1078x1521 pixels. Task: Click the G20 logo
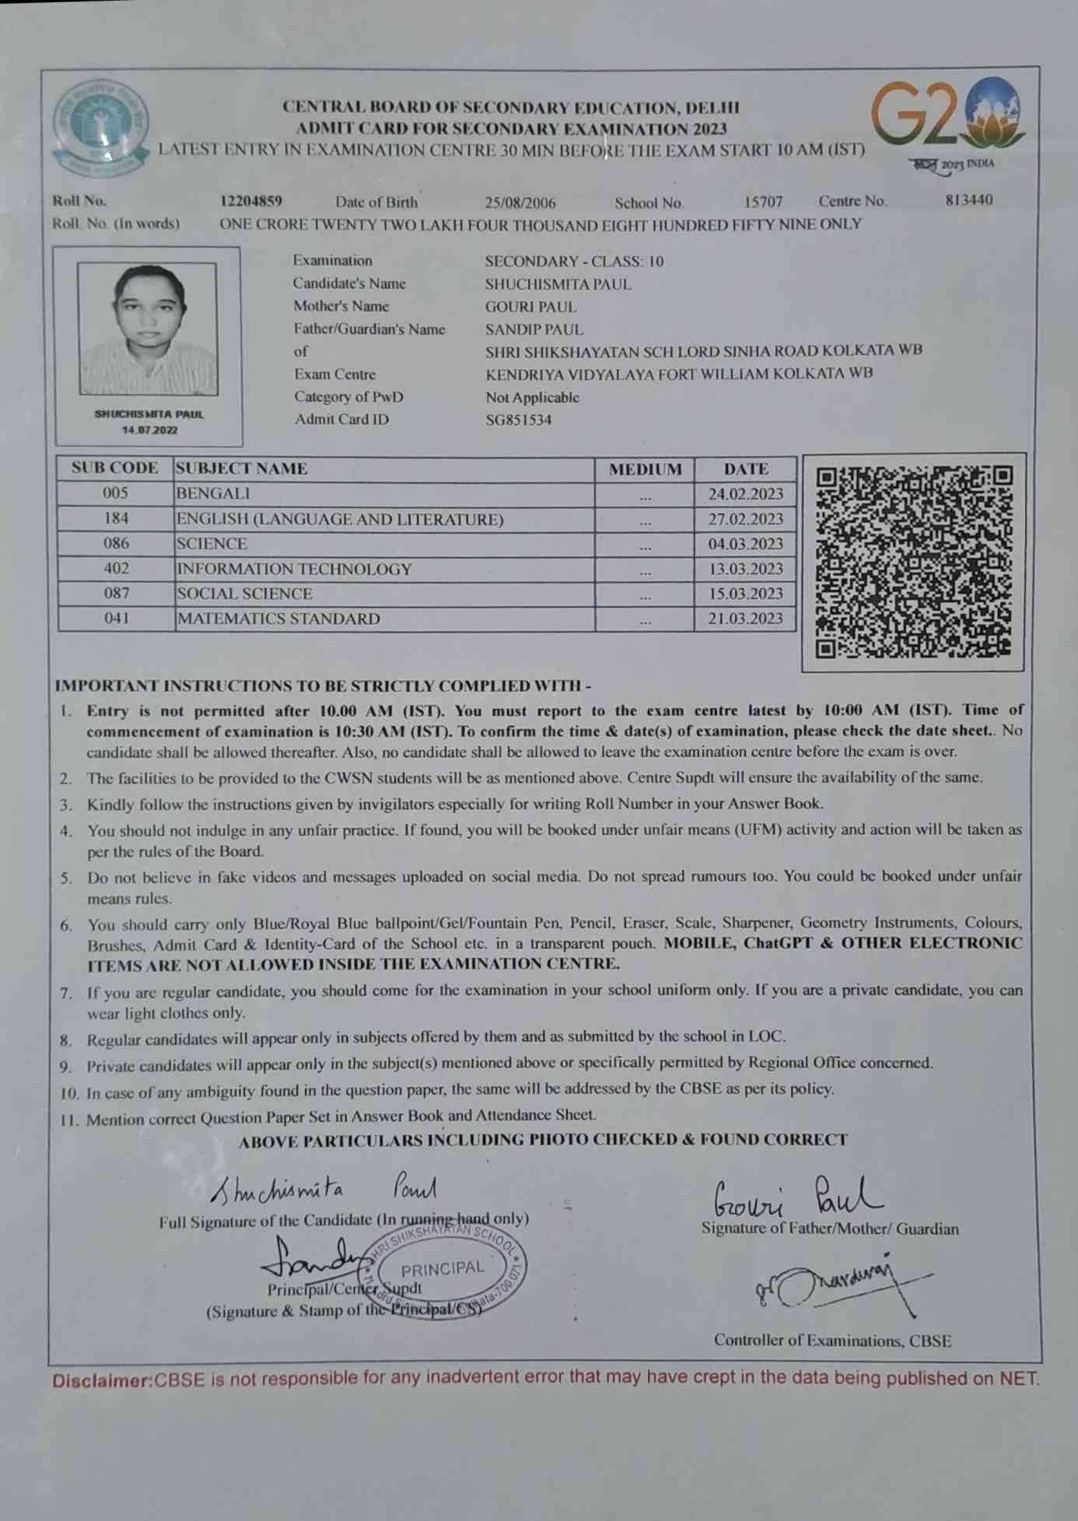click(x=947, y=115)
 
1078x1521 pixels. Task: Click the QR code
click(x=913, y=562)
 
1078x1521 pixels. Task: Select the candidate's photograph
click(x=148, y=328)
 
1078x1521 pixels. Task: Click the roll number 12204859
click(x=250, y=202)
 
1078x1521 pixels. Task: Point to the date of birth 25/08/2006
click(x=520, y=203)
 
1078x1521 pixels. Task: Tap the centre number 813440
click(x=968, y=200)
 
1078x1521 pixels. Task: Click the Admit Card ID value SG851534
click(x=518, y=420)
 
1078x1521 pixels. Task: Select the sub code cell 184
click(x=116, y=518)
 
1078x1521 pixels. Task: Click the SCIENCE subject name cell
click(x=212, y=544)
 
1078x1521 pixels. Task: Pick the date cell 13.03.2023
click(x=745, y=569)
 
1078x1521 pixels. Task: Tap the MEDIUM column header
click(x=645, y=469)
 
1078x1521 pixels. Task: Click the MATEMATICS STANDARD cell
click(x=278, y=619)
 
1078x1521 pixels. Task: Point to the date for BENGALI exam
click(x=745, y=494)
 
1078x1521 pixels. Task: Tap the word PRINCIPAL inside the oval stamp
click(x=443, y=1268)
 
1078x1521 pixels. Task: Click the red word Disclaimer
click(x=102, y=1382)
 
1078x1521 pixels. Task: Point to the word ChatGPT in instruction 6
click(x=777, y=944)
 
